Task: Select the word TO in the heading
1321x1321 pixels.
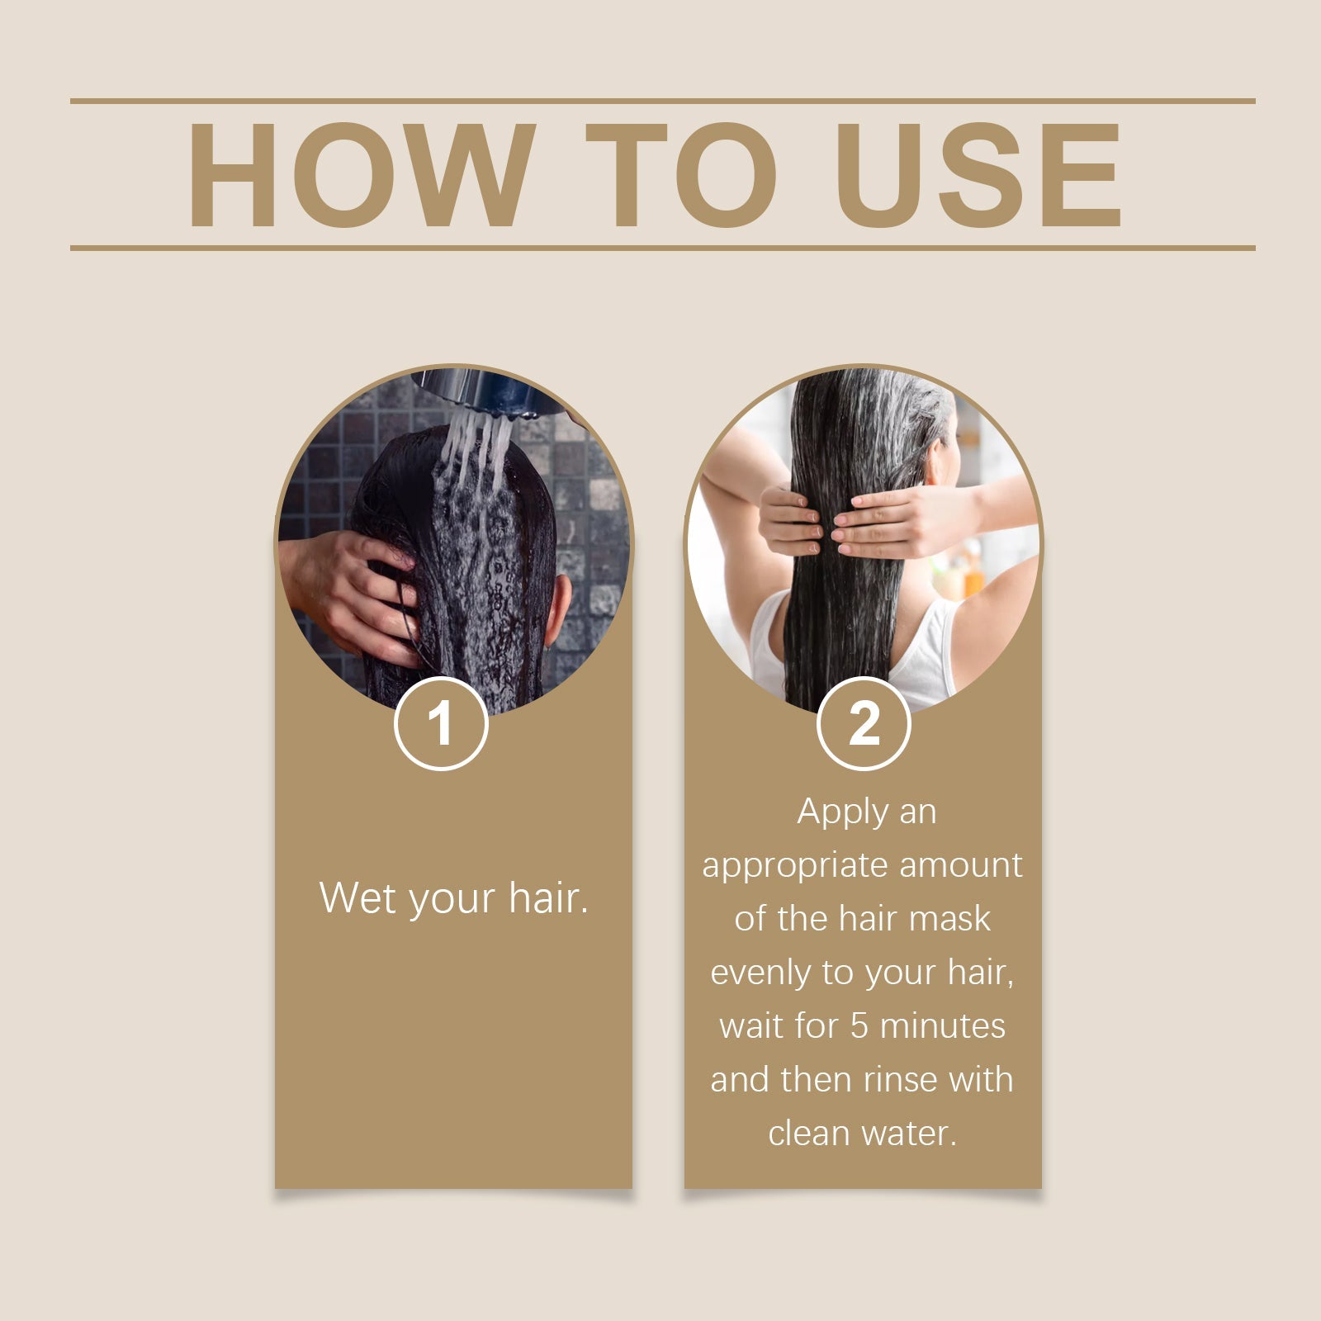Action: (681, 175)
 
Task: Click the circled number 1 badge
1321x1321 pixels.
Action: (441, 723)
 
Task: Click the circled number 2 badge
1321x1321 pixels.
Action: (863, 723)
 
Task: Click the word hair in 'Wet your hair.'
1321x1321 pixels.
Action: (547, 897)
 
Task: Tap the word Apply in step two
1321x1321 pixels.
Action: (831, 812)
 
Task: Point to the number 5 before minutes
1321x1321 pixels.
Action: (859, 1026)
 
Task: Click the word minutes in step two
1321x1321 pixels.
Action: (943, 1026)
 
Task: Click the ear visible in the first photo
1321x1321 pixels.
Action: (559, 611)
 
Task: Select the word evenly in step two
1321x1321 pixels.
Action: (760, 973)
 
